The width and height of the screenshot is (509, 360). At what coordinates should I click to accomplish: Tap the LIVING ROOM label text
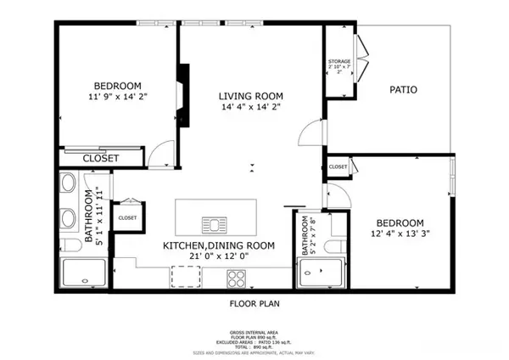pos(250,96)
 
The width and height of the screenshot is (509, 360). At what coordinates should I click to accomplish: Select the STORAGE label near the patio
pos(339,62)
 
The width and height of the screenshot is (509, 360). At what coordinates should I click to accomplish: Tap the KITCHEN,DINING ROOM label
pos(219,245)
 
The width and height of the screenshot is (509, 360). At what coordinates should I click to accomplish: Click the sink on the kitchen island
pos(215,224)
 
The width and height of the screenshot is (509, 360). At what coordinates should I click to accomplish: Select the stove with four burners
pos(235,277)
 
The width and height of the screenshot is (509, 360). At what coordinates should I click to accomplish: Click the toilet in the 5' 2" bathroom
pos(336,245)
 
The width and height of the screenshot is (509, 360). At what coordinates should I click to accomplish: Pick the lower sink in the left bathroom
pos(68,216)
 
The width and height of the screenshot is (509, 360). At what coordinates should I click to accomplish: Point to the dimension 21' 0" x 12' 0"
pos(219,256)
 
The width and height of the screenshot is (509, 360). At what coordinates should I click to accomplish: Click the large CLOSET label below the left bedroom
pos(101,158)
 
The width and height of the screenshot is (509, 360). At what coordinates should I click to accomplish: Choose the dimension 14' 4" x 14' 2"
pos(250,108)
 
